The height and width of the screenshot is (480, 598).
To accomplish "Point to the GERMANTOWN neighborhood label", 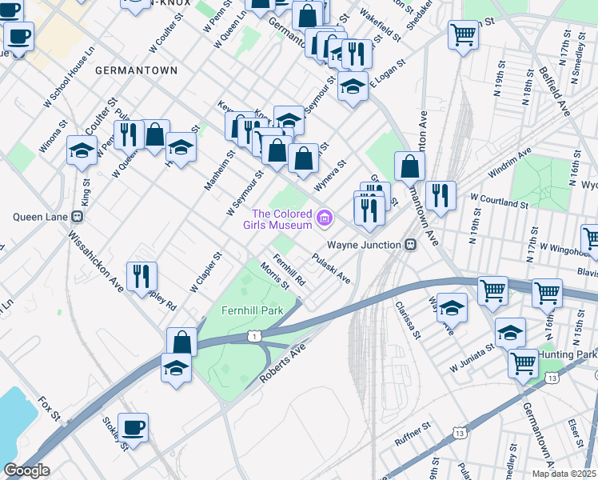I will click(136, 71).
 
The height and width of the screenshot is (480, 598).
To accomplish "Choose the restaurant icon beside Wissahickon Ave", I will click(142, 275).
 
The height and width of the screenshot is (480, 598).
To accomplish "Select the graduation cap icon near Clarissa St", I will click(452, 307).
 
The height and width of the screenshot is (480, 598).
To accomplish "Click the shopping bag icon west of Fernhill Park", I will click(181, 342).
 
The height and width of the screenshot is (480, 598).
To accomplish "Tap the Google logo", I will click(26, 470).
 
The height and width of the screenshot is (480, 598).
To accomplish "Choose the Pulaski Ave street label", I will click(331, 269).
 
